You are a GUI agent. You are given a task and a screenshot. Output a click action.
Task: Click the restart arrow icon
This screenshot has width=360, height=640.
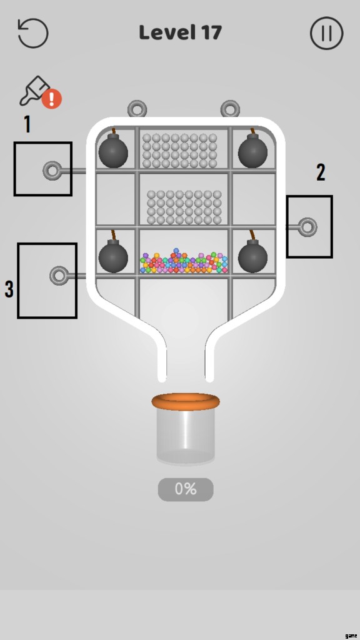click(x=33, y=33)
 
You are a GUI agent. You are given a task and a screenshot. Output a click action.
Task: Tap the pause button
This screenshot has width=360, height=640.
click(x=326, y=33)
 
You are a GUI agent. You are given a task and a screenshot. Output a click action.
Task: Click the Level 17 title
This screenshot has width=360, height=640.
click(x=181, y=32)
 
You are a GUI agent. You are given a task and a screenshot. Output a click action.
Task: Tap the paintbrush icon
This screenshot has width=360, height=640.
click(x=34, y=90)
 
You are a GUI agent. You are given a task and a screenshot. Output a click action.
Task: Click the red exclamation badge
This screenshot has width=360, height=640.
click(x=52, y=99)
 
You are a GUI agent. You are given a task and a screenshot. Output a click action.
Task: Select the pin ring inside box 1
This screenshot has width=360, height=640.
click(x=52, y=171)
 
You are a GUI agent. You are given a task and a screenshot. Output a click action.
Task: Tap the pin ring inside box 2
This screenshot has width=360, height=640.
click(x=307, y=227)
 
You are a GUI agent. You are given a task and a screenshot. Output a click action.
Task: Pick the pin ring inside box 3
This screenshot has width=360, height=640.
click(x=59, y=276)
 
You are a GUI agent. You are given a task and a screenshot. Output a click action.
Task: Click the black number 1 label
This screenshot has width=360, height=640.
click(x=27, y=124)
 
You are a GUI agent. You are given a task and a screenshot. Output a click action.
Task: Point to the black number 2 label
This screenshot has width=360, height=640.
click(x=321, y=172)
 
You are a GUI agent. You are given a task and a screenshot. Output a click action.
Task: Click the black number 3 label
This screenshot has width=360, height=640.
click(x=9, y=289)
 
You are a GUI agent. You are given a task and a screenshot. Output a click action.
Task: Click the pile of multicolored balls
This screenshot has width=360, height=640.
click(x=184, y=261)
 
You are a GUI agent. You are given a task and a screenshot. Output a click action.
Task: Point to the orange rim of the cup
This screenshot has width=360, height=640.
click(x=185, y=402)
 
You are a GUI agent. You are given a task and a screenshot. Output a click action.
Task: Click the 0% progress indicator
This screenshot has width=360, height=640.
click(x=186, y=489)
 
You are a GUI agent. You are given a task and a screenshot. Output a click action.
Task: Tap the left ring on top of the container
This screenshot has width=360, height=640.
click(x=137, y=109)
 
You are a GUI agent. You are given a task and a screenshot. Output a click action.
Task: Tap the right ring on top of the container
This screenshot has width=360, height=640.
click(x=230, y=109)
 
